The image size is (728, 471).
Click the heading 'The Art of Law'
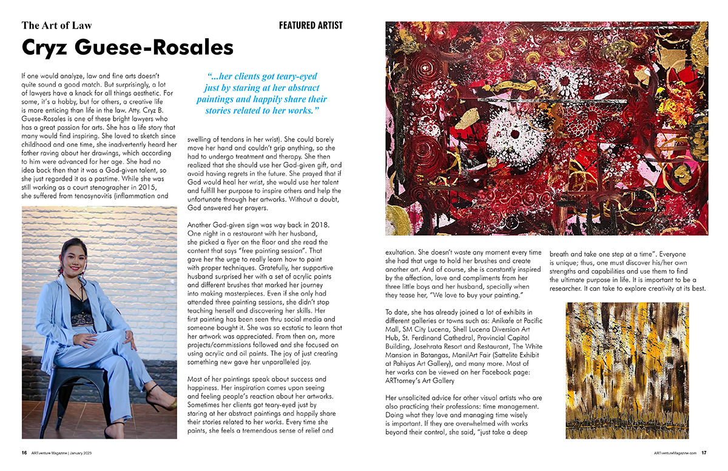[57, 25]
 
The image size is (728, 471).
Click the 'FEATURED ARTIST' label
[311, 25]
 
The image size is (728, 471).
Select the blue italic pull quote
[261, 93]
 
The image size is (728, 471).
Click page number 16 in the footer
[24, 453]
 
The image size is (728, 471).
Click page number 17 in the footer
[704, 453]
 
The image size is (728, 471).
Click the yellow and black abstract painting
[627, 370]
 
